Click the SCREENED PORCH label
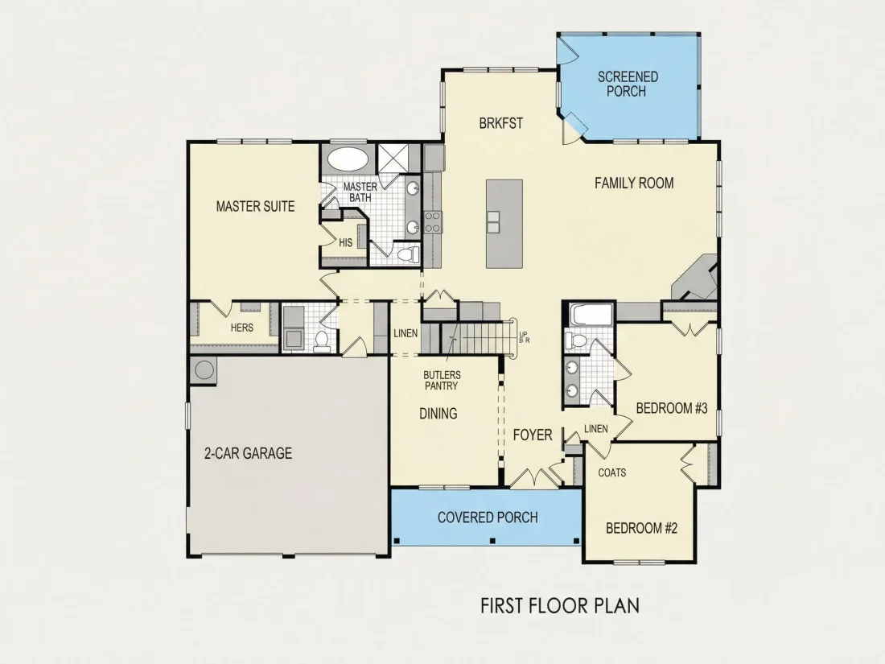(x=628, y=84)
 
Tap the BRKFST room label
(x=500, y=123)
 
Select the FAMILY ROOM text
(x=634, y=183)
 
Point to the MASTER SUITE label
(x=255, y=207)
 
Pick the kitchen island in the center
(x=504, y=224)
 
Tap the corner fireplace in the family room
(x=695, y=277)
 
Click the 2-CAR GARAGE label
(x=248, y=453)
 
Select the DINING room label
(x=438, y=414)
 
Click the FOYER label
(x=533, y=435)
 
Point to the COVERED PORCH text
(x=488, y=518)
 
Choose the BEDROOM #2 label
(x=641, y=529)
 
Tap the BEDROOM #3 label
(x=672, y=408)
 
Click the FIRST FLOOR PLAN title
(x=560, y=606)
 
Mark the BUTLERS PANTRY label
(x=442, y=381)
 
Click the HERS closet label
(x=241, y=328)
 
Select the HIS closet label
(x=345, y=243)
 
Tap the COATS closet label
(x=611, y=472)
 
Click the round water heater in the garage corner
(x=204, y=370)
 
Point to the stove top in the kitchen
(x=433, y=222)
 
